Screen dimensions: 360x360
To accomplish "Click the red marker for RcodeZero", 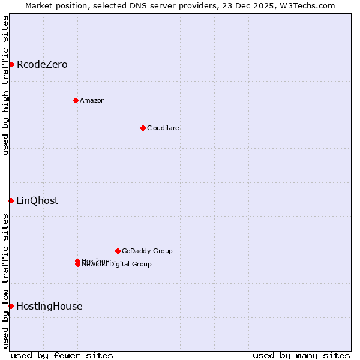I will coord(11,64).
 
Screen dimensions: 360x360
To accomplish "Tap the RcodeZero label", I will coord(42,64).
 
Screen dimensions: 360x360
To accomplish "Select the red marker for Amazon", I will coord(76,100).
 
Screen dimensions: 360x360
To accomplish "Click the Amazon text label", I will coord(92,100).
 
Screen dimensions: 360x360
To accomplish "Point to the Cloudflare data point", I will coord(143,128).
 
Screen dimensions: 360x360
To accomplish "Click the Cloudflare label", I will coord(163,128).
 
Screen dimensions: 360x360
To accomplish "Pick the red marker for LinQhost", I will coord(11,200).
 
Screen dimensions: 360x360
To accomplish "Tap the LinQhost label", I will coord(37,200).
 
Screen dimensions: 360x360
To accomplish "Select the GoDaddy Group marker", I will coord(118,251).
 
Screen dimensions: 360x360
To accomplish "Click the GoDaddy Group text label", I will coord(147,251).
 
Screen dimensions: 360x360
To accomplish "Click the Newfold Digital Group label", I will coord(118,265).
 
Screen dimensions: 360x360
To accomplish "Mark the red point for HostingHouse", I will coord(11,306).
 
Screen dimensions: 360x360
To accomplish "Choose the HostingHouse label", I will coord(49,306).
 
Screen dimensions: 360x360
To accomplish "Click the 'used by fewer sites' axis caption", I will coord(62,355).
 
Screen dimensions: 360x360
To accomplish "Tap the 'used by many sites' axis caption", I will coord(301,355).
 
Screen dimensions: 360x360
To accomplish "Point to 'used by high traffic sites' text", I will coord(6,85).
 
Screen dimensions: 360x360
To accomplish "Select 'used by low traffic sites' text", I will coord(6,281).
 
